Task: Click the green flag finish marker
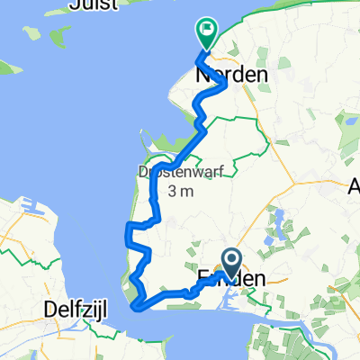click(x=207, y=31)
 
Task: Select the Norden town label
click(x=231, y=76)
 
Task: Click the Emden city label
click(x=231, y=280)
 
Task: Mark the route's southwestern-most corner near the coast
click(x=136, y=306)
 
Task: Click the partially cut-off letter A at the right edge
click(x=354, y=188)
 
